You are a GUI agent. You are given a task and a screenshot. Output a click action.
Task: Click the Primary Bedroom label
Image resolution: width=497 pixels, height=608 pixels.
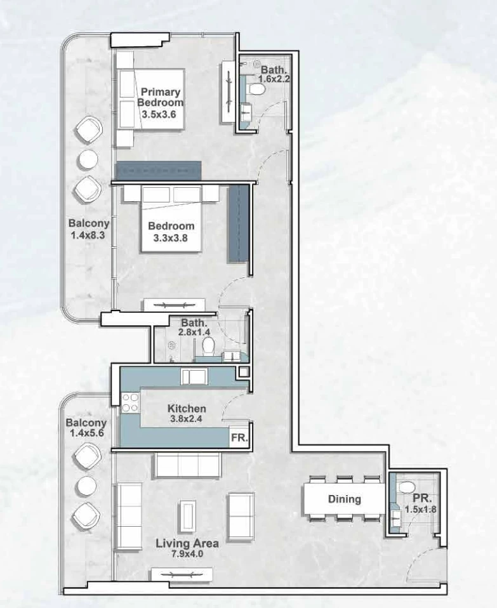[160, 97]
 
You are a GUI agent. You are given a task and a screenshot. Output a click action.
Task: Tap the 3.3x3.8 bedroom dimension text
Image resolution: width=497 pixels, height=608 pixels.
[171, 238]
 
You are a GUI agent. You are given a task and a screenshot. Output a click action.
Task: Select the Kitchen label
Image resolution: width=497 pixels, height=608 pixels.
[187, 408]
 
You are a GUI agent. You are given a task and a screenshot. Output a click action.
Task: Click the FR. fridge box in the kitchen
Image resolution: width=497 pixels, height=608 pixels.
[239, 437]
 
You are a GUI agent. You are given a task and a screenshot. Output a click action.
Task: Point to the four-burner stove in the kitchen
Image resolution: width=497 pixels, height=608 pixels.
[131, 402]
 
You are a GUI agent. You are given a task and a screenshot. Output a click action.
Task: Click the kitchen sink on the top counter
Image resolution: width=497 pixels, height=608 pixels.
[194, 376]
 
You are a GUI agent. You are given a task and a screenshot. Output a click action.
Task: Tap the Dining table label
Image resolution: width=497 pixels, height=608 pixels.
[344, 499]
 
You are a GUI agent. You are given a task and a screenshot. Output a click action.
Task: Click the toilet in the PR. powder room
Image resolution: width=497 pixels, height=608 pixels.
[407, 486]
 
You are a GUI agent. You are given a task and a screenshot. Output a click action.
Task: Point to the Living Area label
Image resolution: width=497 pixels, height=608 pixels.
[187, 543]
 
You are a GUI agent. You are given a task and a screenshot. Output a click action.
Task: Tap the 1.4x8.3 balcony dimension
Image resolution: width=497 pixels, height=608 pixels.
[88, 235]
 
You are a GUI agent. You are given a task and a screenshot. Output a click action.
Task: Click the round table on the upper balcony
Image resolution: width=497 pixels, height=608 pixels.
[88, 159]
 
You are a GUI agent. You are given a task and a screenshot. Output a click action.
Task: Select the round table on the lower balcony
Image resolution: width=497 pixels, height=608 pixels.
[86, 486]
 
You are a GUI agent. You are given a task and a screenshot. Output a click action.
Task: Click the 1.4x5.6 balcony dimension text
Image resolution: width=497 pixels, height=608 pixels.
[87, 433]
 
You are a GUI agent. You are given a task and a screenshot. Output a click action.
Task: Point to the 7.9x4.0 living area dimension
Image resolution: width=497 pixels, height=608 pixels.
[187, 553]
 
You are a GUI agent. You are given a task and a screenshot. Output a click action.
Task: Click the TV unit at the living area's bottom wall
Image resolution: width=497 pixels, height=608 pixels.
[182, 574]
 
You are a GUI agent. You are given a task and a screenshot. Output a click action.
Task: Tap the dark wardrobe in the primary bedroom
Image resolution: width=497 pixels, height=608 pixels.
[159, 171]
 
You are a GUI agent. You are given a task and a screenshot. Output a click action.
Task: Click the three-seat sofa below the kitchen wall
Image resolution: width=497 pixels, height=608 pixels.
[188, 465]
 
